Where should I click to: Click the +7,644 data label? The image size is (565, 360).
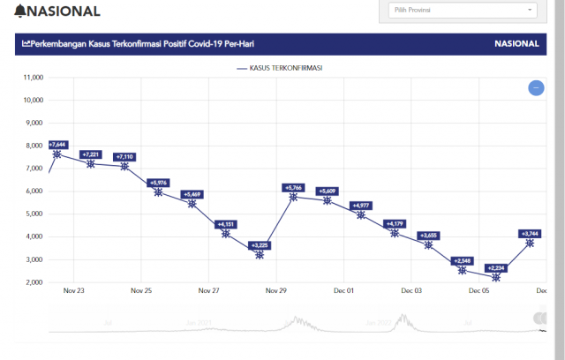coord(57,144)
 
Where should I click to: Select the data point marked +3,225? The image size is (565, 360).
coord(260,254)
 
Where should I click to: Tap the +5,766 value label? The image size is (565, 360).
coord(293,187)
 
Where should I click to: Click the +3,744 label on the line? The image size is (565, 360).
coord(529,234)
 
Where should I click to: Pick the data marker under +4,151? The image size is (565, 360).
coord(226,234)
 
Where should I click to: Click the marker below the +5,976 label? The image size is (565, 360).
coord(158,191)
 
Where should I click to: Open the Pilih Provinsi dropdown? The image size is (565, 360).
coord(463,11)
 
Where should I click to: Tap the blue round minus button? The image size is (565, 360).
coord(536,87)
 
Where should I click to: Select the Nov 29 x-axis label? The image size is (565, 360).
coord(276,290)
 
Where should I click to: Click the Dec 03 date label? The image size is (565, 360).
coord(411,290)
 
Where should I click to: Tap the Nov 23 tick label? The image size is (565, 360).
coord(74,290)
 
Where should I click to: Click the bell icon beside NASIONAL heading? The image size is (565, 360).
coord(20,11)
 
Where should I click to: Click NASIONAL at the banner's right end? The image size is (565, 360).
coord(516,44)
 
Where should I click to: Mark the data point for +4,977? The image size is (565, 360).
coord(361,214)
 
